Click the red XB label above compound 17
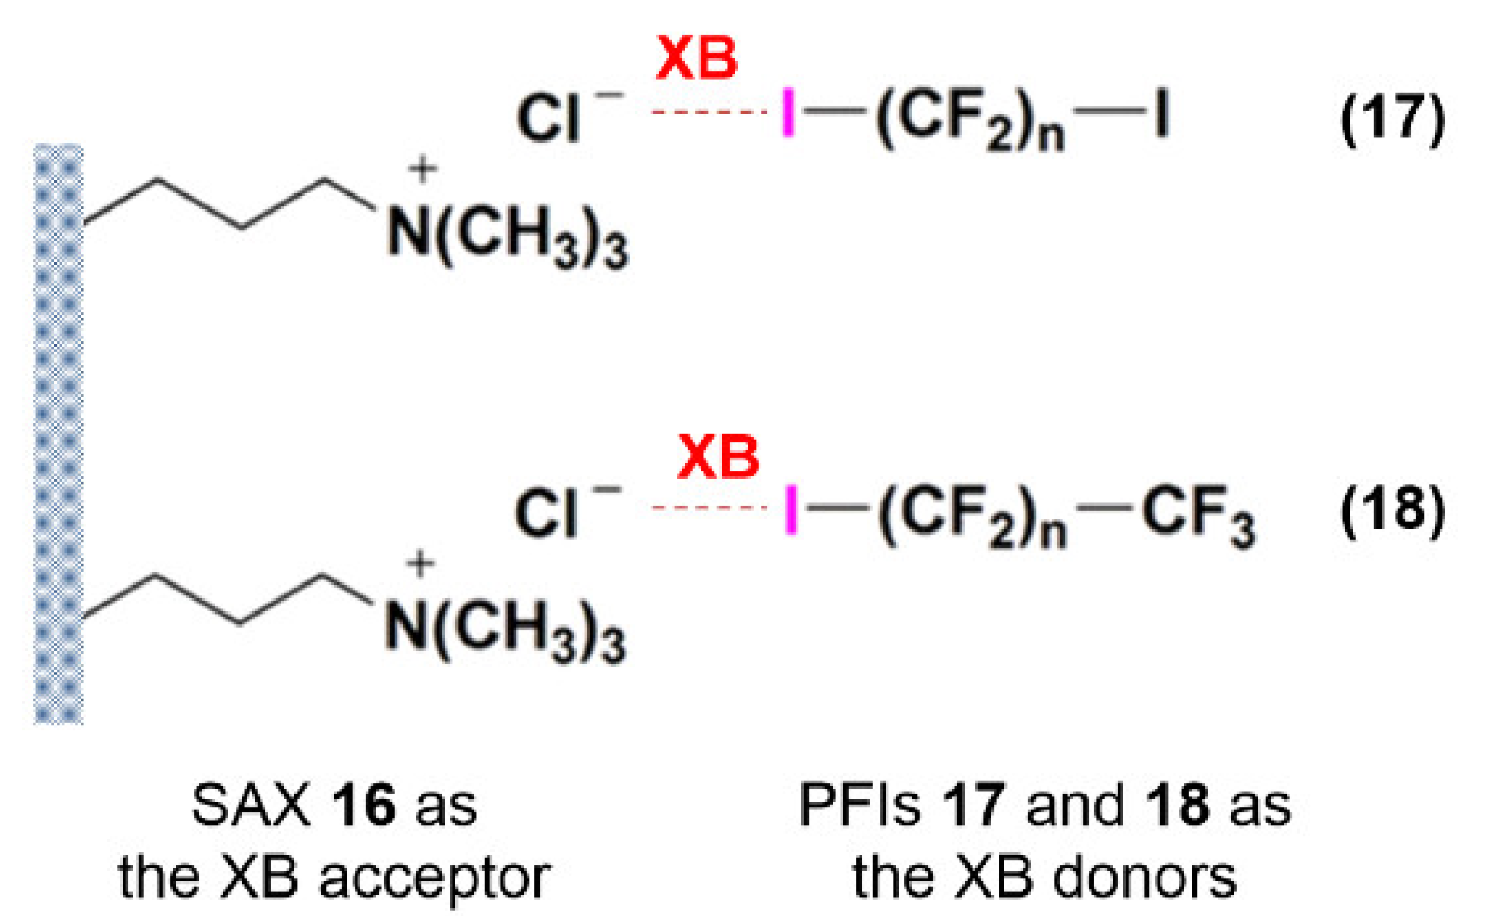[696, 59]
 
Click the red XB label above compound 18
[718, 457]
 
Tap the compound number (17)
[1392, 119]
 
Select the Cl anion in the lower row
[546, 512]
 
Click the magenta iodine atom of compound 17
[787, 113]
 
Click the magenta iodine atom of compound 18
[791, 509]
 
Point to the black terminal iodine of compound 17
[1162, 113]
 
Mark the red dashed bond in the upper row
[708, 112]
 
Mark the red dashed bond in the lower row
[708, 507]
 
